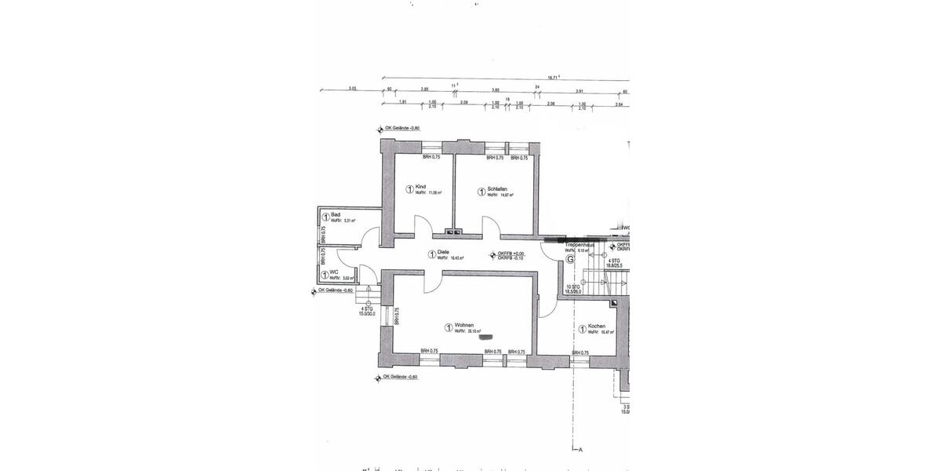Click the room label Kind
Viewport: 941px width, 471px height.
pyautogui.click(x=421, y=186)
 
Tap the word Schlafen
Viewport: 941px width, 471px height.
pyautogui.click(x=497, y=188)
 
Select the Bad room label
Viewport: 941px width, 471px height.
pyautogui.click(x=335, y=214)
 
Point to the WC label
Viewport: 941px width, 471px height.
pyautogui.click(x=334, y=272)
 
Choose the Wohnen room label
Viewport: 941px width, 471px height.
pyautogui.click(x=463, y=325)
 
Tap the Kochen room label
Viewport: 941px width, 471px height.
pyautogui.click(x=597, y=326)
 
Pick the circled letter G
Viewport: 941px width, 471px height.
pyautogui.click(x=570, y=258)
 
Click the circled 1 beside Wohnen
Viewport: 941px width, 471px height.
pyautogui.click(x=448, y=327)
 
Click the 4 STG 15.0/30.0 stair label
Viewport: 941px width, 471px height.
pyautogui.click(x=367, y=311)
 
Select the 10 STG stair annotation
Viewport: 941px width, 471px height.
pyautogui.click(x=574, y=288)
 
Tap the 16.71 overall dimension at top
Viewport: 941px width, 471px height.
pyautogui.click(x=552, y=77)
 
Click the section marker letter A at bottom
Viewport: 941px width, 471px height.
pyautogui.click(x=581, y=451)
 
